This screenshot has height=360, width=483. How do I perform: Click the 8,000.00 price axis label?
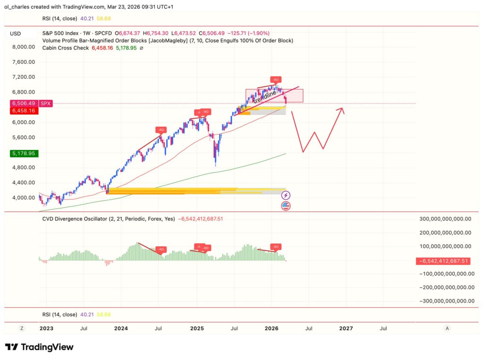(23, 47)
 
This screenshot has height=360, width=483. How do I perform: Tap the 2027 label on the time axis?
(346, 328)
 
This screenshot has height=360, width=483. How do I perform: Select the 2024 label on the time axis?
(121, 328)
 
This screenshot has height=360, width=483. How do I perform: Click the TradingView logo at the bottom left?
(39, 347)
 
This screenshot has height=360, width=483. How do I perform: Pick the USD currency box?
(16, 34)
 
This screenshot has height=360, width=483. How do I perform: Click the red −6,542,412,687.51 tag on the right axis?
(446, 261)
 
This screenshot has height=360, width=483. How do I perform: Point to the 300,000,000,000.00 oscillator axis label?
(446, 219)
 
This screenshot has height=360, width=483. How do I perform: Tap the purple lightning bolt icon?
(285, 195)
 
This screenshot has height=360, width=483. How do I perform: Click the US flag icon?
(285, 205)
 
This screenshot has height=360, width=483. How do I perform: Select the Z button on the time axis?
(22, 328)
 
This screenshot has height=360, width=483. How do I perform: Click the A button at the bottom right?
(447, 328)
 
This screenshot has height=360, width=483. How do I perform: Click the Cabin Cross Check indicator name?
(65, 48)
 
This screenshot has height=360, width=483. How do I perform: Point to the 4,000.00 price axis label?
(23, 198)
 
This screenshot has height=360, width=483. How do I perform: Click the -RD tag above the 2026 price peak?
(276, 79)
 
